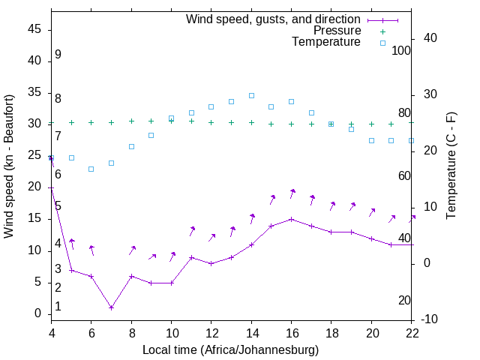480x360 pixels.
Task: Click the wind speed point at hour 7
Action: pos(111,307)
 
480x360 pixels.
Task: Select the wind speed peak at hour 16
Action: pos(291,219)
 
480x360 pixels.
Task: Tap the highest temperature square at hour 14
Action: pos(251,96)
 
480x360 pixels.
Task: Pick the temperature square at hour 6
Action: pos(91,169)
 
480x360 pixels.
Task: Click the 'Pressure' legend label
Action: pos(337,31)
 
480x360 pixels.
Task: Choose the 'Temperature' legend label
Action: pos(326,42)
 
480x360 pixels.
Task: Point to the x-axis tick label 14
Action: pos(251,333)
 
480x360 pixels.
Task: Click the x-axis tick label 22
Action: pos(412,333)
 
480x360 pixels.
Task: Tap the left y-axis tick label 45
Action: pos(34,29)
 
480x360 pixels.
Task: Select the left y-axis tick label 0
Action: pos(38,313)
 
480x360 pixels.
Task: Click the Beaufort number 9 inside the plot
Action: pos(58,55)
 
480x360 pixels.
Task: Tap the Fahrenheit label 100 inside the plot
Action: pos(401,50)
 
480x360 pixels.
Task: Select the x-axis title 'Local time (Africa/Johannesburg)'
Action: pos(230,349)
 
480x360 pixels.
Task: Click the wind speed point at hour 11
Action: pos(191,257)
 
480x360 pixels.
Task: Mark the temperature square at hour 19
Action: pos(351,129)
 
